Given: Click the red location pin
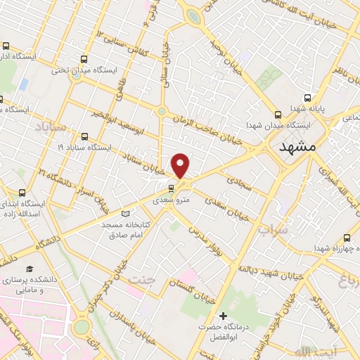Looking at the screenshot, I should tap(181, 165).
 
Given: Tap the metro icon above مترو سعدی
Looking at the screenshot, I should tap(171, 188).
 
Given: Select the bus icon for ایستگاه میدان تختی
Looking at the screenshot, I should tap(85, 60).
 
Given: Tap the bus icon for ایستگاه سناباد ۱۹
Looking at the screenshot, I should tap(85, 138).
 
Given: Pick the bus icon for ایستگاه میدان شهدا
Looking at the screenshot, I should tap(277, 113).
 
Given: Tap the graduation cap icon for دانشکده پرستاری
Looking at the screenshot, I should tap(30, 269).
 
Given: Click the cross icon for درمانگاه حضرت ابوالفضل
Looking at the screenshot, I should tap(223, 317).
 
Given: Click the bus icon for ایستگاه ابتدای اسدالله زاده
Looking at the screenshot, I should tap(22, 193).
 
